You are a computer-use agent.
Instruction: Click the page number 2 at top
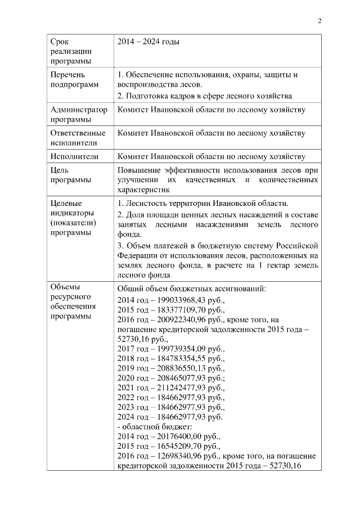tap(319, 22)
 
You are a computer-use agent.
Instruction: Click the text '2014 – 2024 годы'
tap(148, 42)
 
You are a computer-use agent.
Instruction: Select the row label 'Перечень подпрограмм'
tap(70, 80)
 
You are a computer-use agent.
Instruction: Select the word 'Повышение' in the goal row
tap(139, 170)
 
